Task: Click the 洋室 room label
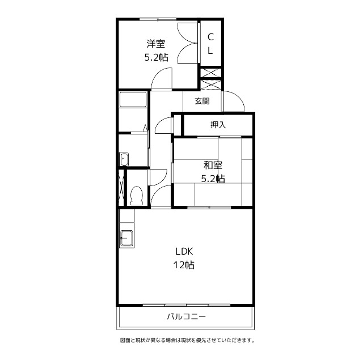click(155, 44)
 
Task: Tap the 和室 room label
click(213, 165)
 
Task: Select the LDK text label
click(184, 251)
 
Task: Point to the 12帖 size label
click(184, 265)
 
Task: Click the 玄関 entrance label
click(202, 101)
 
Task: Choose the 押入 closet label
click(218, 125)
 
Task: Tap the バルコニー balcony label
click(187, 316)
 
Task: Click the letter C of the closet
click(210, 37)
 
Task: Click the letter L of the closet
click(210, 50)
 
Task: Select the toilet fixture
click(137, 196)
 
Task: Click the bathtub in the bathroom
click(133, 100)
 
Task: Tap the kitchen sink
click(126, 238)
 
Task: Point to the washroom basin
click(124, 159)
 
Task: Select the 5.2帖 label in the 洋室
click(157, 57)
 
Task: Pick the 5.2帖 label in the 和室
click(213, 179)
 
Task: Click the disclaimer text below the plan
click(187, 340)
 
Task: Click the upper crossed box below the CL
click(210, 73)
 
